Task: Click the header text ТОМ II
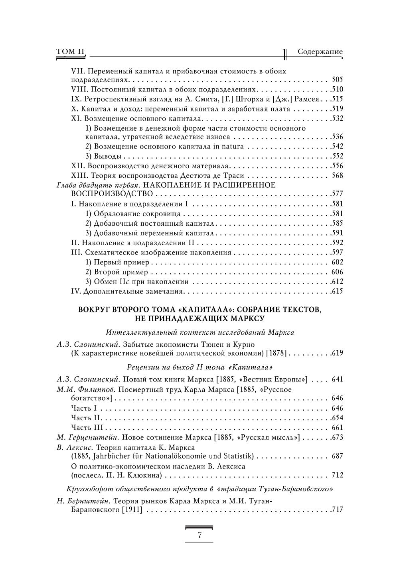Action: [71, 52]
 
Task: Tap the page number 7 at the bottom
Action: [199, 536]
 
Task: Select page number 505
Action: [337, 79]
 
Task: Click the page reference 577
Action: [337, 194]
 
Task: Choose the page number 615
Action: [337, 291]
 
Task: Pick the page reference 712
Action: [337, 475]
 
